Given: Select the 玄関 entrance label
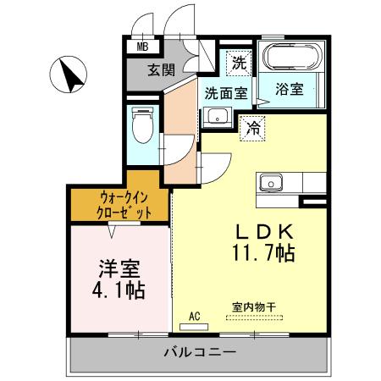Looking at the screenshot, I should pyautogui.click(x=162, y=70).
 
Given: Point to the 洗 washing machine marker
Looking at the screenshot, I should pyautogui.click(x=240, y=62).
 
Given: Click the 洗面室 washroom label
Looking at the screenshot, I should pyautogui.click(x=224, y=94).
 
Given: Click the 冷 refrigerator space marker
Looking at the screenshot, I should pyautogui.click(x=252, y=130).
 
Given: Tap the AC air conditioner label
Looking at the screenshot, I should pyautogui.click(x=194, y=316).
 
